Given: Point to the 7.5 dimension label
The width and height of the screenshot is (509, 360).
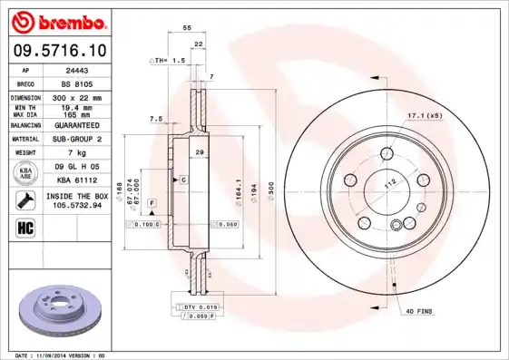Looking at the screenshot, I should click(x=155, y=119).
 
